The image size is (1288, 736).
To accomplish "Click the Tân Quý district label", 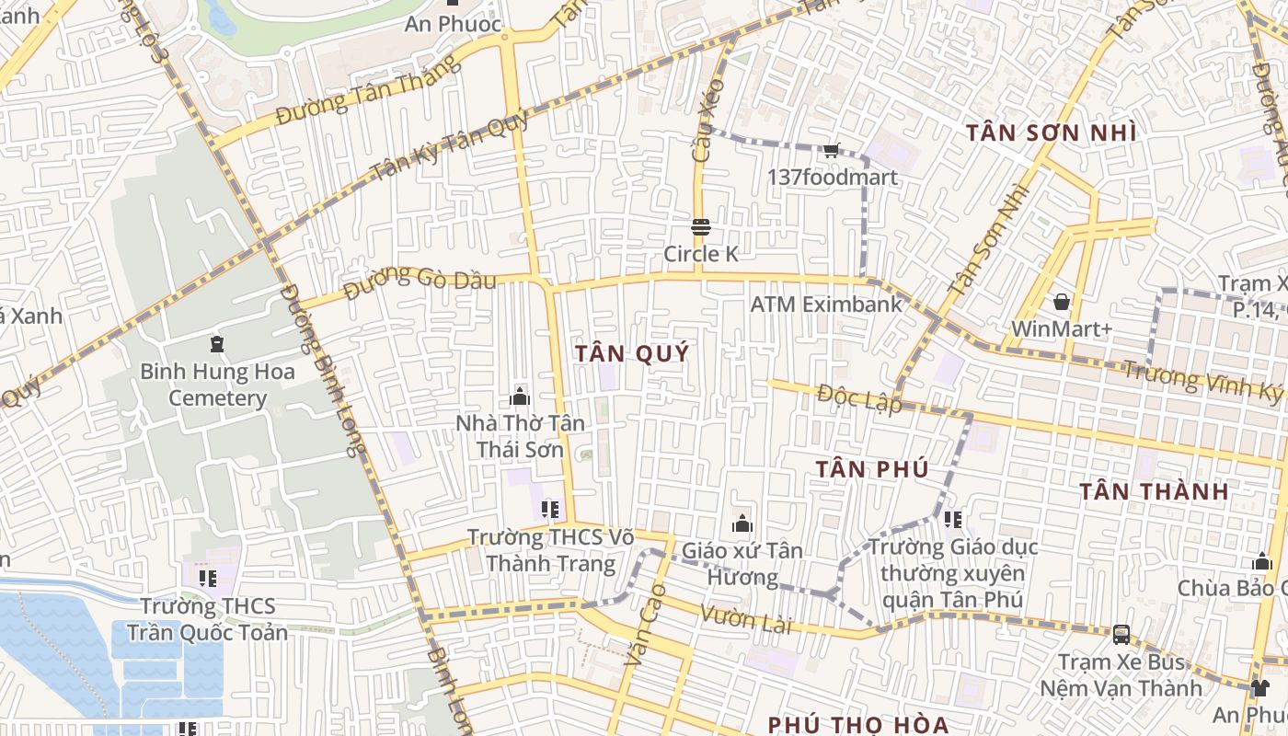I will pyautogui.click(x=631, y=354).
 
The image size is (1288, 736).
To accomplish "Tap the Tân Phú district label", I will pyautogui.click(x=870, y=469).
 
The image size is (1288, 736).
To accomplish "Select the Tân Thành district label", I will pyautogui.click(x=1154, y=491).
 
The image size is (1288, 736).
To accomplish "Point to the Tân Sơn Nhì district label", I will pyautogui.click(x=1051, y=133).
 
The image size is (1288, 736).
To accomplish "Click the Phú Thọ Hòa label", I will pyautogui.click(x=857, y=724).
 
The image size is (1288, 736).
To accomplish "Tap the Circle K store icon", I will pyautogui.click(x=701, y=227).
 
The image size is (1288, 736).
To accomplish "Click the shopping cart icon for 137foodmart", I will pyautogui.click(x=831, y=150).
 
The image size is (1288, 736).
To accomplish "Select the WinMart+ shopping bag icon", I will pyautogui.click(x=1062, y=302).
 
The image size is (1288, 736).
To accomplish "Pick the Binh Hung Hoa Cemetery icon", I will pyautogui.click(x=217, y=345).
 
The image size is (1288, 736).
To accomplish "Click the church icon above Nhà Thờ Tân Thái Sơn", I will pyautogui.click(x=520, y=397).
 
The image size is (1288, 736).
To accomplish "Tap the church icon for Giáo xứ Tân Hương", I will pyautogui.click(x=742, y=524).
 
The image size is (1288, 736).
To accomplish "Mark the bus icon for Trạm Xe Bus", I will pyautogui.click(x=1121, y=634).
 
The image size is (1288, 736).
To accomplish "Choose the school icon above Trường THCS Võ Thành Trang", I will pyautogui.click(x=550, y=509).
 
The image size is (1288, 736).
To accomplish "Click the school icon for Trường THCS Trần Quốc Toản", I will pyautogui.click(x=208, y=579).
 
